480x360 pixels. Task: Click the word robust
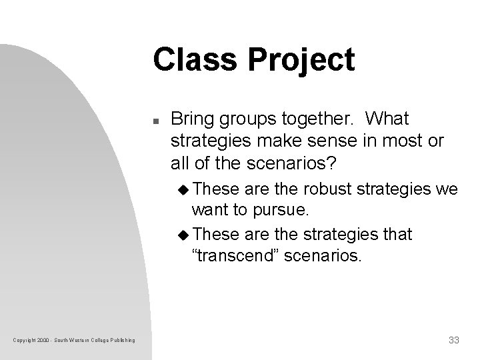click(x=319, y=190)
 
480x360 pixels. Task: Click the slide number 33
click(x=453, y=341)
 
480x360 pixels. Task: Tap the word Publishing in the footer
click(x=121, y=341)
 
